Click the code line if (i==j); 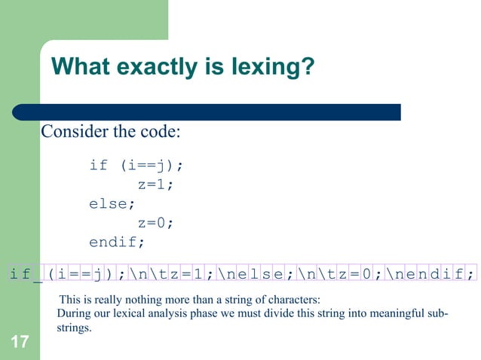(x=136, y=165)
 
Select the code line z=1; (x=155, y=185)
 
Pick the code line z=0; (x=155, y=223)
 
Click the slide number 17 (x=20, y=343)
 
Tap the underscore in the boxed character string (x=37, y=273)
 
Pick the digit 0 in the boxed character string (x=366, y=273)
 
